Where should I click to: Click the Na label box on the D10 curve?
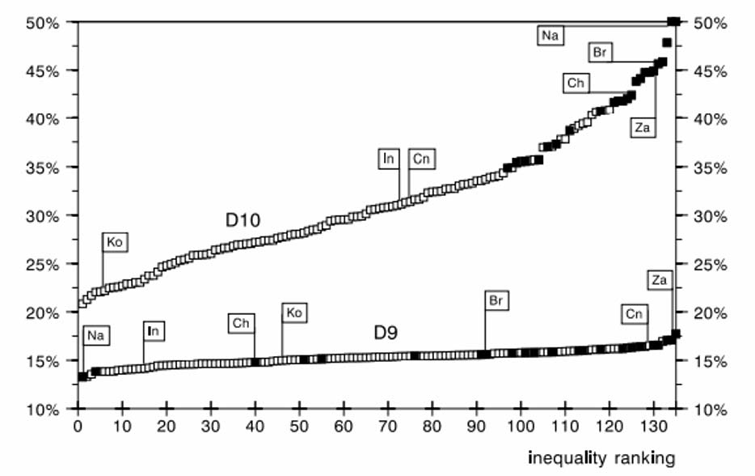550,35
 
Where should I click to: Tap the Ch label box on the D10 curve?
576,83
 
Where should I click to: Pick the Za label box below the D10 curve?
643,126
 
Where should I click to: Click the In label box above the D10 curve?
389,159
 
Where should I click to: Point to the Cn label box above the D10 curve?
421,159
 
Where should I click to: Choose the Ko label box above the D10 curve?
116,242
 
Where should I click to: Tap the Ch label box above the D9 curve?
241,323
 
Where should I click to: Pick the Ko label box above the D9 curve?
294,312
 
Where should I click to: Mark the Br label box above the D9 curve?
498,300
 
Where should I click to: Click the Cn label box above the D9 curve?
635,313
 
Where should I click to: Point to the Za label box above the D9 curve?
660,281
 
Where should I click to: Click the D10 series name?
240,219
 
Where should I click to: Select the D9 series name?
385,332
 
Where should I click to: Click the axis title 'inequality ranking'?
601,458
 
